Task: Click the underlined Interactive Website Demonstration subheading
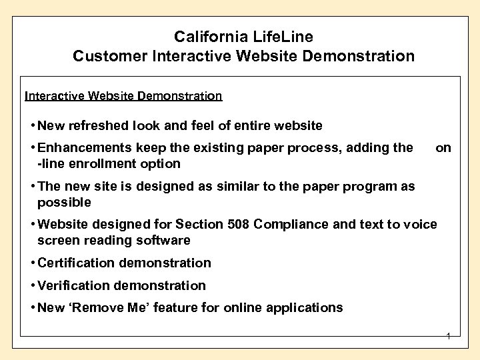pos(123,96)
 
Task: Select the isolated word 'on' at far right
pos(443,148)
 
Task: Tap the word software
pos(164,240)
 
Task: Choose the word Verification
pos(73,285)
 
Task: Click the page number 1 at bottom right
pos(449,337)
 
